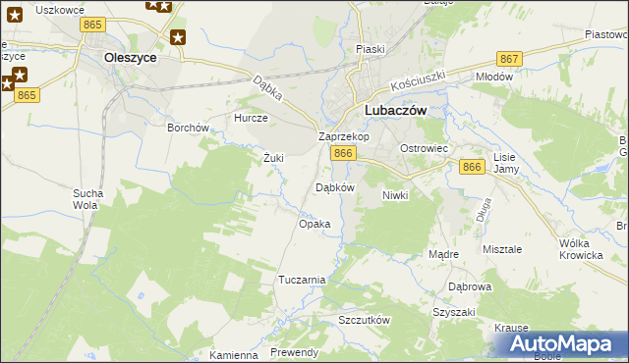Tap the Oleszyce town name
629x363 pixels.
tap(131, 57)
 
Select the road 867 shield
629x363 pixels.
tap(508, 59)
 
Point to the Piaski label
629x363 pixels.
tap(371, 49)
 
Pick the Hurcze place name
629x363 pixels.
tap(251, 118)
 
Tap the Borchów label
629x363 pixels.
tap(188, 128)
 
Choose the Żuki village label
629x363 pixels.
tap(273, 157)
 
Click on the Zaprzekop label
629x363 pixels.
tap(344, 137)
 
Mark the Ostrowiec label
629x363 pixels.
tap(424, 148)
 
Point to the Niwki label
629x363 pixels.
tap(394, 195)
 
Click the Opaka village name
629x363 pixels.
tap(314, 224)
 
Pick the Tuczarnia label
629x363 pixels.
tap(302, 280)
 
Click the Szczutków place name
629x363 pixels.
tap(365, 321)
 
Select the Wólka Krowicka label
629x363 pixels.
tap(580, 249)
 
